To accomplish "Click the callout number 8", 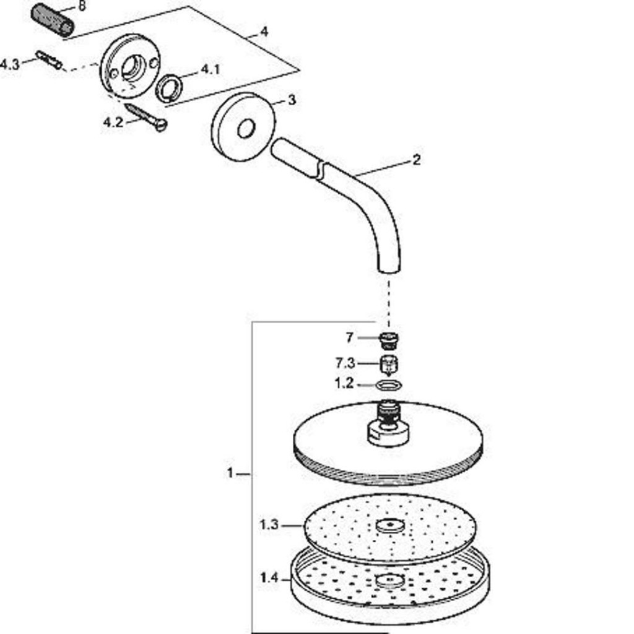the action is point(82,6).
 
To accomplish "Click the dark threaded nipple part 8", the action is point(53,21).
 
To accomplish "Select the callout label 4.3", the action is point(10,64).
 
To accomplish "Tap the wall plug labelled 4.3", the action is point(49,60).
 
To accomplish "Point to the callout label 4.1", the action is point(211,69).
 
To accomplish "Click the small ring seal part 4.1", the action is point(169,87).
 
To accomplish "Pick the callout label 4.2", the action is point(113,122).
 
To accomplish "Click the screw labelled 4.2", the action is point(146,117).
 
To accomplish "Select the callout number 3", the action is point(292,100).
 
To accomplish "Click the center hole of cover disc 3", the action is point(246,129).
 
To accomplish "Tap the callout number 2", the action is point(417,160).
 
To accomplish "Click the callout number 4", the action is point(264,31).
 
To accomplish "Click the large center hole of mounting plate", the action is point(133,67).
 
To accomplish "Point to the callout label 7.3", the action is point(345,363).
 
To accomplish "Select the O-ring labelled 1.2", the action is point(389,385).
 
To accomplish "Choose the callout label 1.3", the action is point(269,525).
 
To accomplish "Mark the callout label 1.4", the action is point(269,579).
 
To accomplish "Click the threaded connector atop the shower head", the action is point(389,412).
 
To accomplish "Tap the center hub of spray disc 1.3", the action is point(390,525).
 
